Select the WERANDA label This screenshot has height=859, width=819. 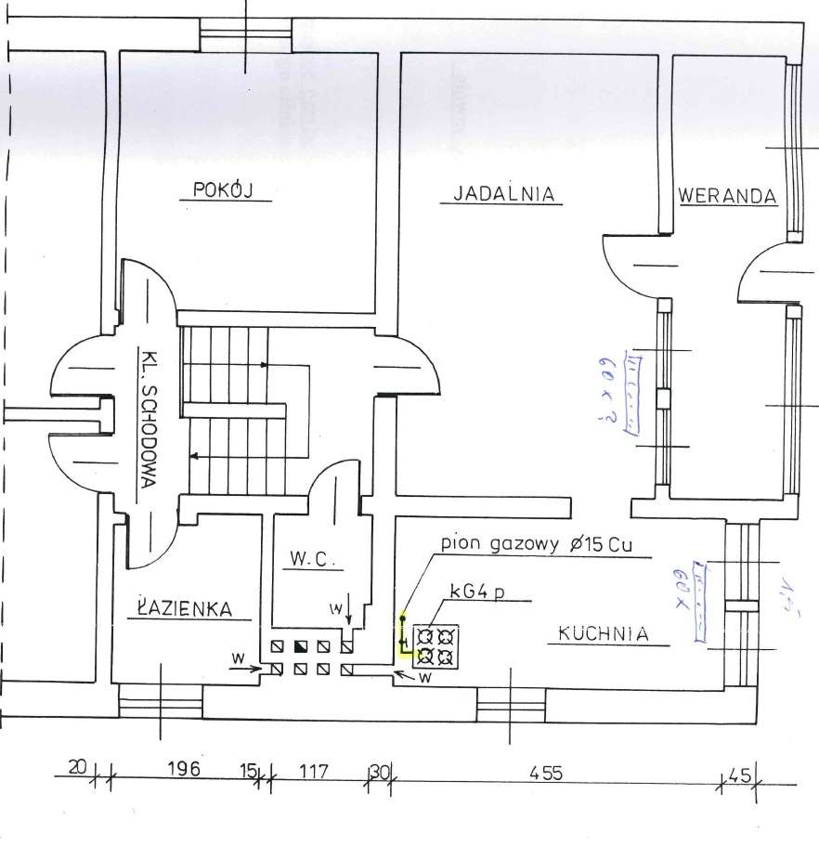pos(726,196)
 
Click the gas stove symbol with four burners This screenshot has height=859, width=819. pos(435,646)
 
